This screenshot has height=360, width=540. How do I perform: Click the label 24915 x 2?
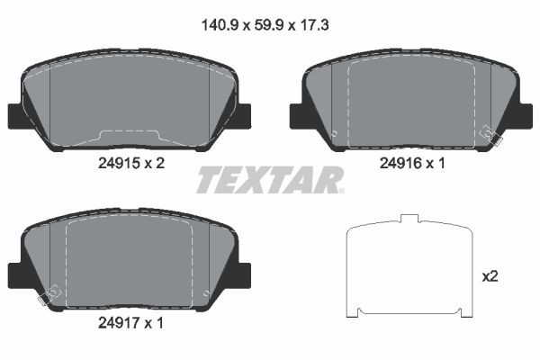(x=130, y=163)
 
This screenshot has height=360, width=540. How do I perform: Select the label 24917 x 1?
(x=130, y=319)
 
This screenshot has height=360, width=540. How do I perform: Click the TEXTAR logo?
(x=268, y=180)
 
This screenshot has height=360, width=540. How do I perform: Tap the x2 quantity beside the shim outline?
(x=490, y=276)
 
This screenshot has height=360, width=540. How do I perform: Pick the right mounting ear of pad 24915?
(x=244, y=117)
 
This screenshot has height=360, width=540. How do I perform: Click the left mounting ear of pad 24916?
(x=297, y=117)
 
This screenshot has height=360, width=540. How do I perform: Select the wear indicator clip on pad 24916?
(x=490, y=134)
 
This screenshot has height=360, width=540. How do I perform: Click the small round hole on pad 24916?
(x=334, y=135)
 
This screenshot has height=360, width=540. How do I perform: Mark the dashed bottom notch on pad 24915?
(x=130, y=136)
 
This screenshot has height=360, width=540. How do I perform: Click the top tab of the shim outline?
(x=410, y=219)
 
